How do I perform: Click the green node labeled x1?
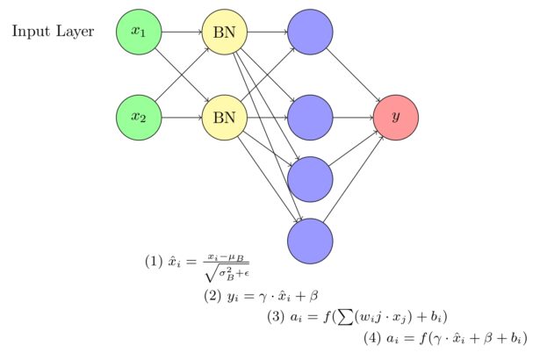point(139,32)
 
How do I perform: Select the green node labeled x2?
point(139,117)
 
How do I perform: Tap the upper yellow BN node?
point(224,32)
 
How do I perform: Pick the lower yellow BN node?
point(224,117)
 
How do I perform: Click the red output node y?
point(395,117)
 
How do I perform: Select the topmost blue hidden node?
point(310,32)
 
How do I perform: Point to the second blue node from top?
point(310,117)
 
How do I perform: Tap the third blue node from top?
point(310,178)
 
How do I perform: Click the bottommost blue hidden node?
point(310,240)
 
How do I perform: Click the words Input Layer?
point(53,32)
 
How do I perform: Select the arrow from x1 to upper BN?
point(182,32)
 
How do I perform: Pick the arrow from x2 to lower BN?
point(182,117)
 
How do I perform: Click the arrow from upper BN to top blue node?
point(267,32)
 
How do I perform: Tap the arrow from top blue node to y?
point(353,75)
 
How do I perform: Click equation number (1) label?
point(154,261)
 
